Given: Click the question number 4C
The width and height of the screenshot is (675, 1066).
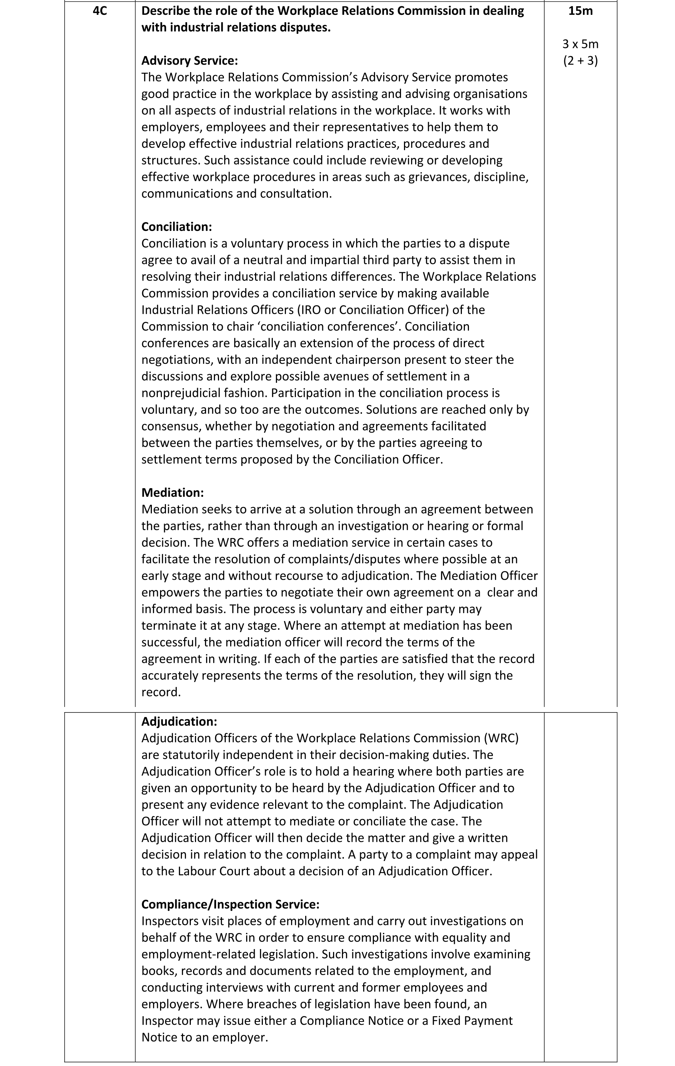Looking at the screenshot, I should [x=100, y=11].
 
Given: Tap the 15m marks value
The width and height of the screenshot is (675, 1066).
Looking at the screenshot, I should [x=580, y=11].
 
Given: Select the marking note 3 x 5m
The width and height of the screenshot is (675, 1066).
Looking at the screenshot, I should [x=580, y=44].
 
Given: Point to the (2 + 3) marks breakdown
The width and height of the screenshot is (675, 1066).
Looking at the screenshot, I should [x=580, y=61].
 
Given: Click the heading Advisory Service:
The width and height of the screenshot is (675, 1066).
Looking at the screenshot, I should [x=189, y=61].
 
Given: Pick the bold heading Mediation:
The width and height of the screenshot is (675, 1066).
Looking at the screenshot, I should [x=173, y=492].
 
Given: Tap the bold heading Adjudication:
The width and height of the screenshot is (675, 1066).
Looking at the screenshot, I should [x=179, y=721].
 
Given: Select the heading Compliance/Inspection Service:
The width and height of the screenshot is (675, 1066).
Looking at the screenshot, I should [x=230, y=904].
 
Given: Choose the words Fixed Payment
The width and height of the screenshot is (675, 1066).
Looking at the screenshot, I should [x=472, y=1021].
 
